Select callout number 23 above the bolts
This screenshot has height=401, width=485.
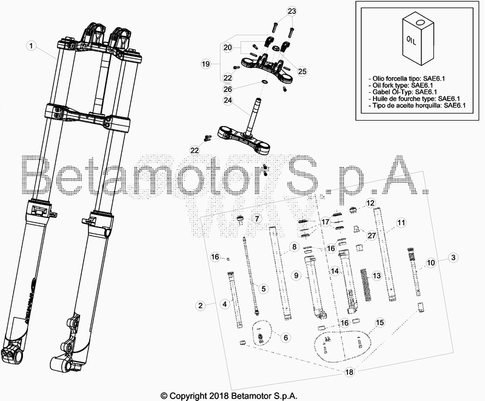coord(292,12)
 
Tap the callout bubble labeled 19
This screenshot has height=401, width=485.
coord(206,64)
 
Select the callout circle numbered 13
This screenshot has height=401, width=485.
coord(376,275)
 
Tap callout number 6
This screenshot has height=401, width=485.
coord(286,336)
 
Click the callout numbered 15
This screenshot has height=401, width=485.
coord(380,323)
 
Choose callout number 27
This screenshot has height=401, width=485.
coord(372,237)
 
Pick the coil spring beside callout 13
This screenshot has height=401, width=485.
coord(364,284)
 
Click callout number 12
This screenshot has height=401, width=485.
coord(370,203)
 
